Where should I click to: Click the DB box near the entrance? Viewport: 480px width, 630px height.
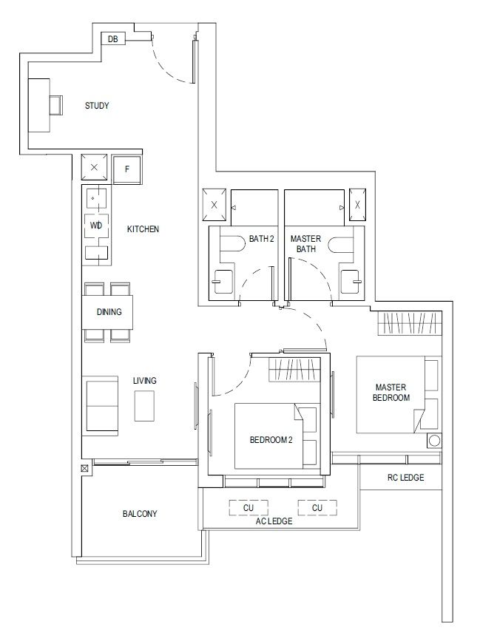[x=113, y=39]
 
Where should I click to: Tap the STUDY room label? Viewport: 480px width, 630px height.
[x=97, y=106]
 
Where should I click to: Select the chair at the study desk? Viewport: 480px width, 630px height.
[x=56, y=105]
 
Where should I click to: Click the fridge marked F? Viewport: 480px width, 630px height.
[x=127, y=169]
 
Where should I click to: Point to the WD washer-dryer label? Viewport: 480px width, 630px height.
[x=96, y=226]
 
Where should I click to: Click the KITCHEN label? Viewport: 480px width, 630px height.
[x=143, y=229]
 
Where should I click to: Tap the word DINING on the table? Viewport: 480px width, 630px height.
[x=109, y=312]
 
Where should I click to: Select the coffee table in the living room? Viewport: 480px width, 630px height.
[x=144, y=406]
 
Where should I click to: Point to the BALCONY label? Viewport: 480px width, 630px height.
[x=140, y=513]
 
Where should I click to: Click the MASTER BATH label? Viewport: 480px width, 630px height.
[x=305, y=244]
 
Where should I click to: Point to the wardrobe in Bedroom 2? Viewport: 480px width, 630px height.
[x=294, y=370]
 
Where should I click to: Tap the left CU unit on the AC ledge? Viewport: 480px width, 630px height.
[x=249, y=507]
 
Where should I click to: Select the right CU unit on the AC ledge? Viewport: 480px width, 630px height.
[x=317, y=507]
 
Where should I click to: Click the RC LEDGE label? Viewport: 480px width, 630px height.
[x=405, y=478]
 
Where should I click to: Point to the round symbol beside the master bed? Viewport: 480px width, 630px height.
[x=434, y=441]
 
